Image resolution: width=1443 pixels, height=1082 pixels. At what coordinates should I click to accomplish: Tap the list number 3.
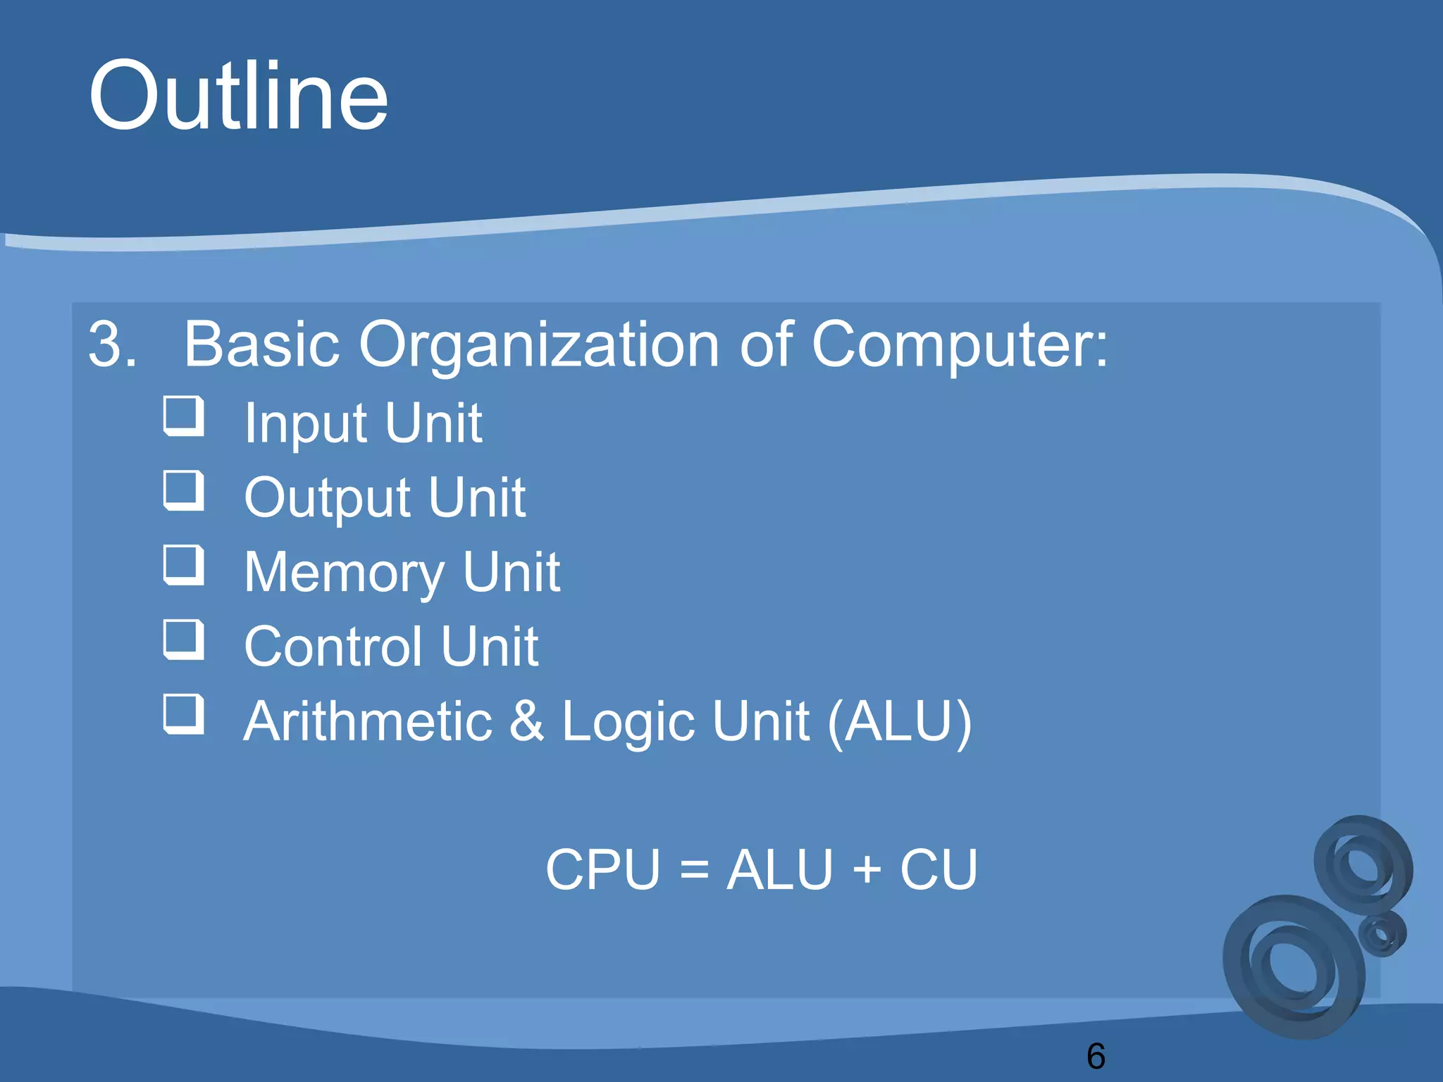tap(111, 344)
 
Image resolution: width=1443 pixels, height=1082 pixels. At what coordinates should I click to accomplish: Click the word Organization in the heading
tap(538, 344)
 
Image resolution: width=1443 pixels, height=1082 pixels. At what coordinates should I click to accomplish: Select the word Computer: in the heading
tap(960, 344)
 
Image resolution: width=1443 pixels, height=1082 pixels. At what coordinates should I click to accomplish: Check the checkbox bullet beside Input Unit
tap(184, 416)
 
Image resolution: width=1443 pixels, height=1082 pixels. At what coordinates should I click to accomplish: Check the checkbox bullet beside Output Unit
tap(184, 490)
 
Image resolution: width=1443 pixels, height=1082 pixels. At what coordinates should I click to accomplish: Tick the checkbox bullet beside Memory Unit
tap(184, 565)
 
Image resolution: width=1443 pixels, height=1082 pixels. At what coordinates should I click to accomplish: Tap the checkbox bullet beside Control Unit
tap(184, 640)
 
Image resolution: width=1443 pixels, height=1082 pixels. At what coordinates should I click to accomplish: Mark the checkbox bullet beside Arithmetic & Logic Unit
tap(184, 714)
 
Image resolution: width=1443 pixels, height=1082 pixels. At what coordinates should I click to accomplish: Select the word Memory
tap(344, 573)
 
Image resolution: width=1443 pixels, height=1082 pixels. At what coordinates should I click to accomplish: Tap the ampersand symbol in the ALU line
tap(526, 721)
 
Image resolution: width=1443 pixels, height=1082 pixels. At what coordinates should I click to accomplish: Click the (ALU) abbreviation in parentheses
tap(900, 721)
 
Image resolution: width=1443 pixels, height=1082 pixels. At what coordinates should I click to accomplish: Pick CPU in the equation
tap(603, 870)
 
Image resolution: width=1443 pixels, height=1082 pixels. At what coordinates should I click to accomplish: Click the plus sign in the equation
tap(867, 870)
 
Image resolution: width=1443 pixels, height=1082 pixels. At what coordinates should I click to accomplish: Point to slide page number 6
tap(1096, 1056)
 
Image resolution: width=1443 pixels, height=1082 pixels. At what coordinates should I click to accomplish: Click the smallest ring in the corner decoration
tap(1382, 934)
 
